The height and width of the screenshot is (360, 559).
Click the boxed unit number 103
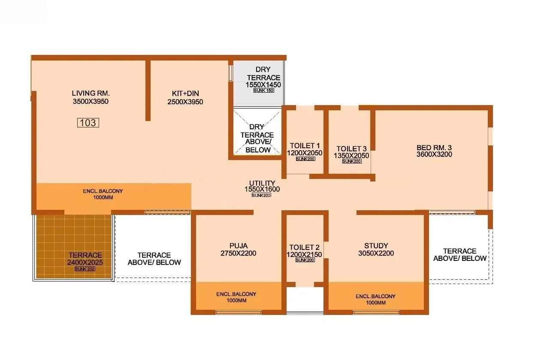pos(88,123)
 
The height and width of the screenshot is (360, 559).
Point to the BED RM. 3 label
pos(434,148)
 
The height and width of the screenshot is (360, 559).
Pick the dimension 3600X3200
pos(434,154)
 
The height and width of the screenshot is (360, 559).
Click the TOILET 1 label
pos(305,145)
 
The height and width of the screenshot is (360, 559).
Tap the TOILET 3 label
pos(351,148)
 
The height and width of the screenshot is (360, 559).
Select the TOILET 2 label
pos(304,248)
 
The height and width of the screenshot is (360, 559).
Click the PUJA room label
pos(238,246)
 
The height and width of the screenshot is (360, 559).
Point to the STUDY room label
pos(376,246)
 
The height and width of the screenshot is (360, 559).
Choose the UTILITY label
pos(262,183)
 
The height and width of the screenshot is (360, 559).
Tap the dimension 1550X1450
pos(263,85)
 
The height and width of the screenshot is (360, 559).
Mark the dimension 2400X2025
pos(85,262)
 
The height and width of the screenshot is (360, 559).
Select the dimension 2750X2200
pos(238,253)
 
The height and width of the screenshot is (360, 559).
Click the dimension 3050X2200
pos(376,253)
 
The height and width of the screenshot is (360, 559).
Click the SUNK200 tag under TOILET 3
pos(351,161)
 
